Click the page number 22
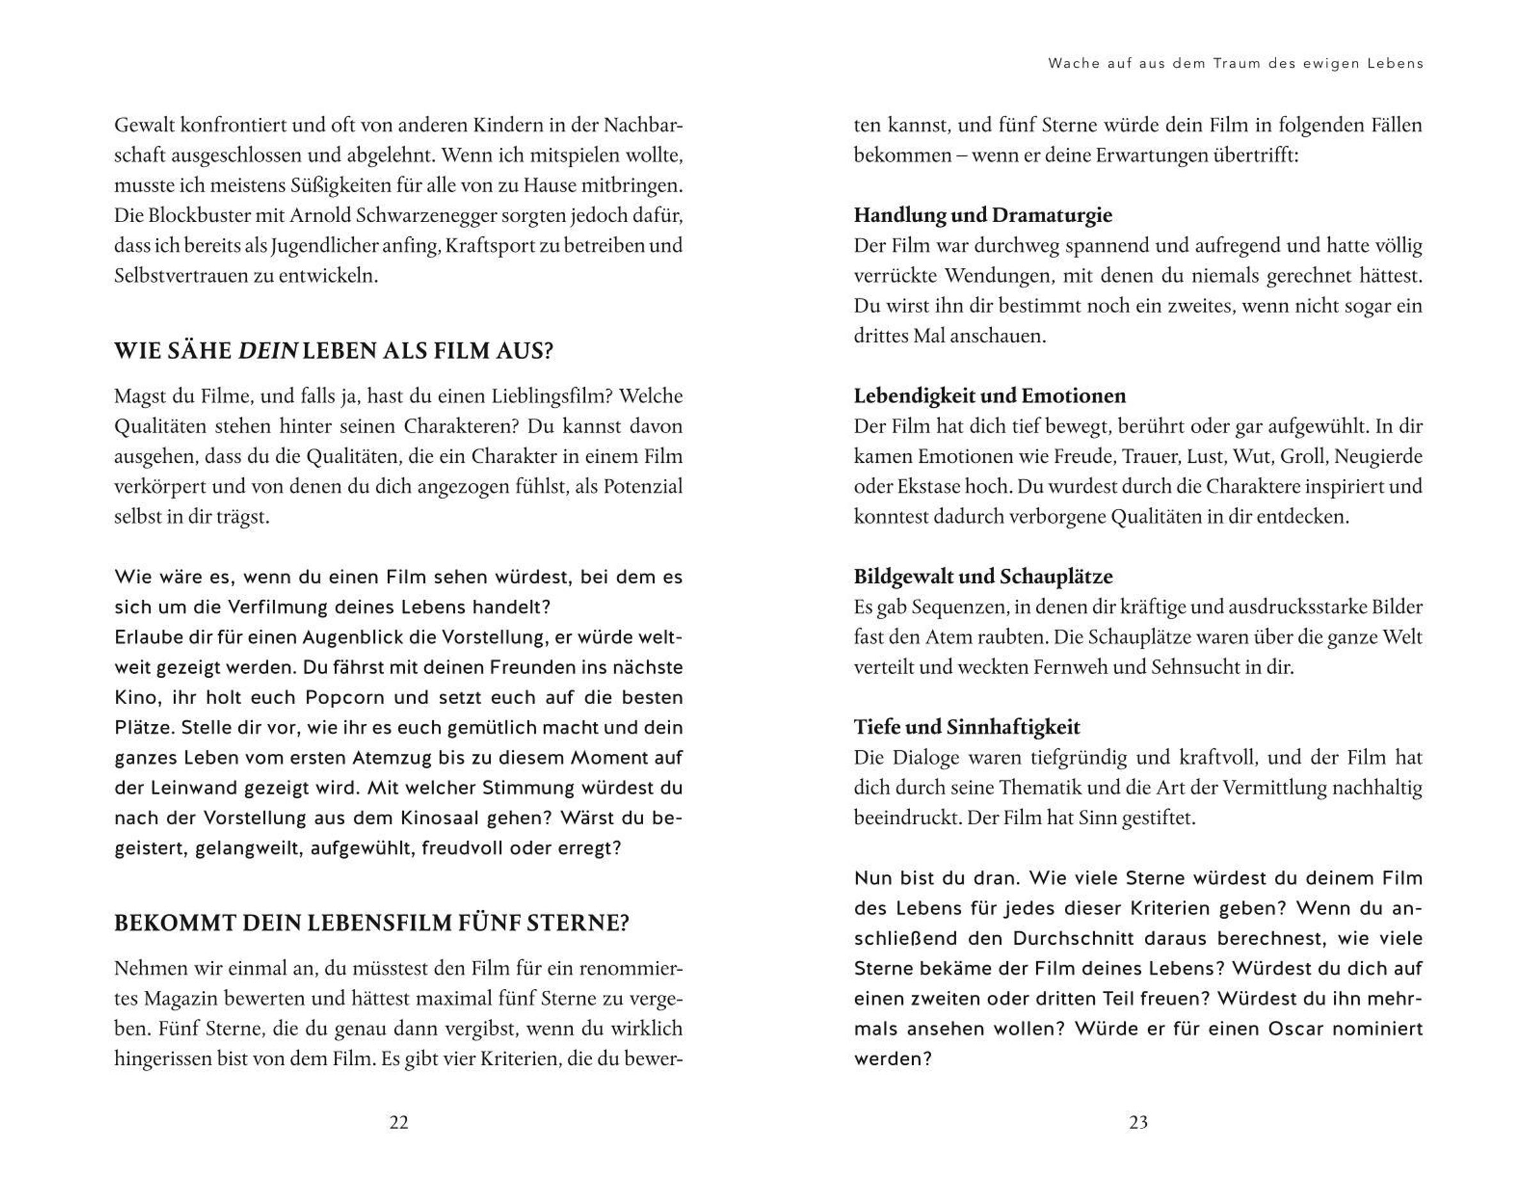click(399, 1122)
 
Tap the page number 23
click(1138, 1122)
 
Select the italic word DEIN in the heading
click(268, 350)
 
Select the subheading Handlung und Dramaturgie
click(982, 215)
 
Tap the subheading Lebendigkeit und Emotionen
click(989, 396)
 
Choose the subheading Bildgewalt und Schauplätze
click(983, 577)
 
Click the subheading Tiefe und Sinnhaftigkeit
click(966, 727)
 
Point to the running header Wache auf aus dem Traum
click(1235, 63)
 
